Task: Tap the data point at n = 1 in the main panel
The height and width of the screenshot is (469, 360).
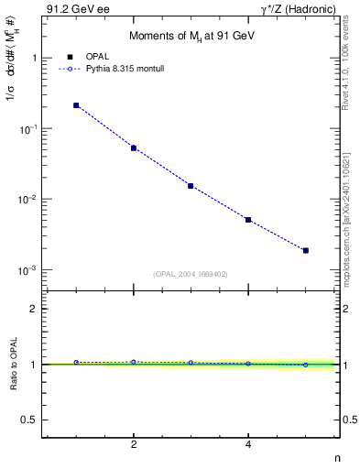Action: click(x=76, y=105)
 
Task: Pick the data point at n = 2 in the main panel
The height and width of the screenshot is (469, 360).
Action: click(x=134, y=147)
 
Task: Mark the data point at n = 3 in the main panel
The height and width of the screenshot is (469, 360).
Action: click(x=191, y=186)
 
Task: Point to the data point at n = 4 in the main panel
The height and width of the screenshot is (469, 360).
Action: click(x=248, y=220)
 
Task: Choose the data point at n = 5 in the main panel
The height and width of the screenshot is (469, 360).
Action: click(x=306, y=250)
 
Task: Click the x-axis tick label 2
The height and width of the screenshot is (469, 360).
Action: click(x=134, y=445)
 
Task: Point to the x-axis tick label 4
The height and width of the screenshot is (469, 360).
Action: click(x=248, y=445)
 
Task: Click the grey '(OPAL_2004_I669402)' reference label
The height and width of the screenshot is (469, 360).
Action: click(x=191, y=273)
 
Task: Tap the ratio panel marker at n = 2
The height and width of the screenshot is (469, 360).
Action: click(x=134, y=362)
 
